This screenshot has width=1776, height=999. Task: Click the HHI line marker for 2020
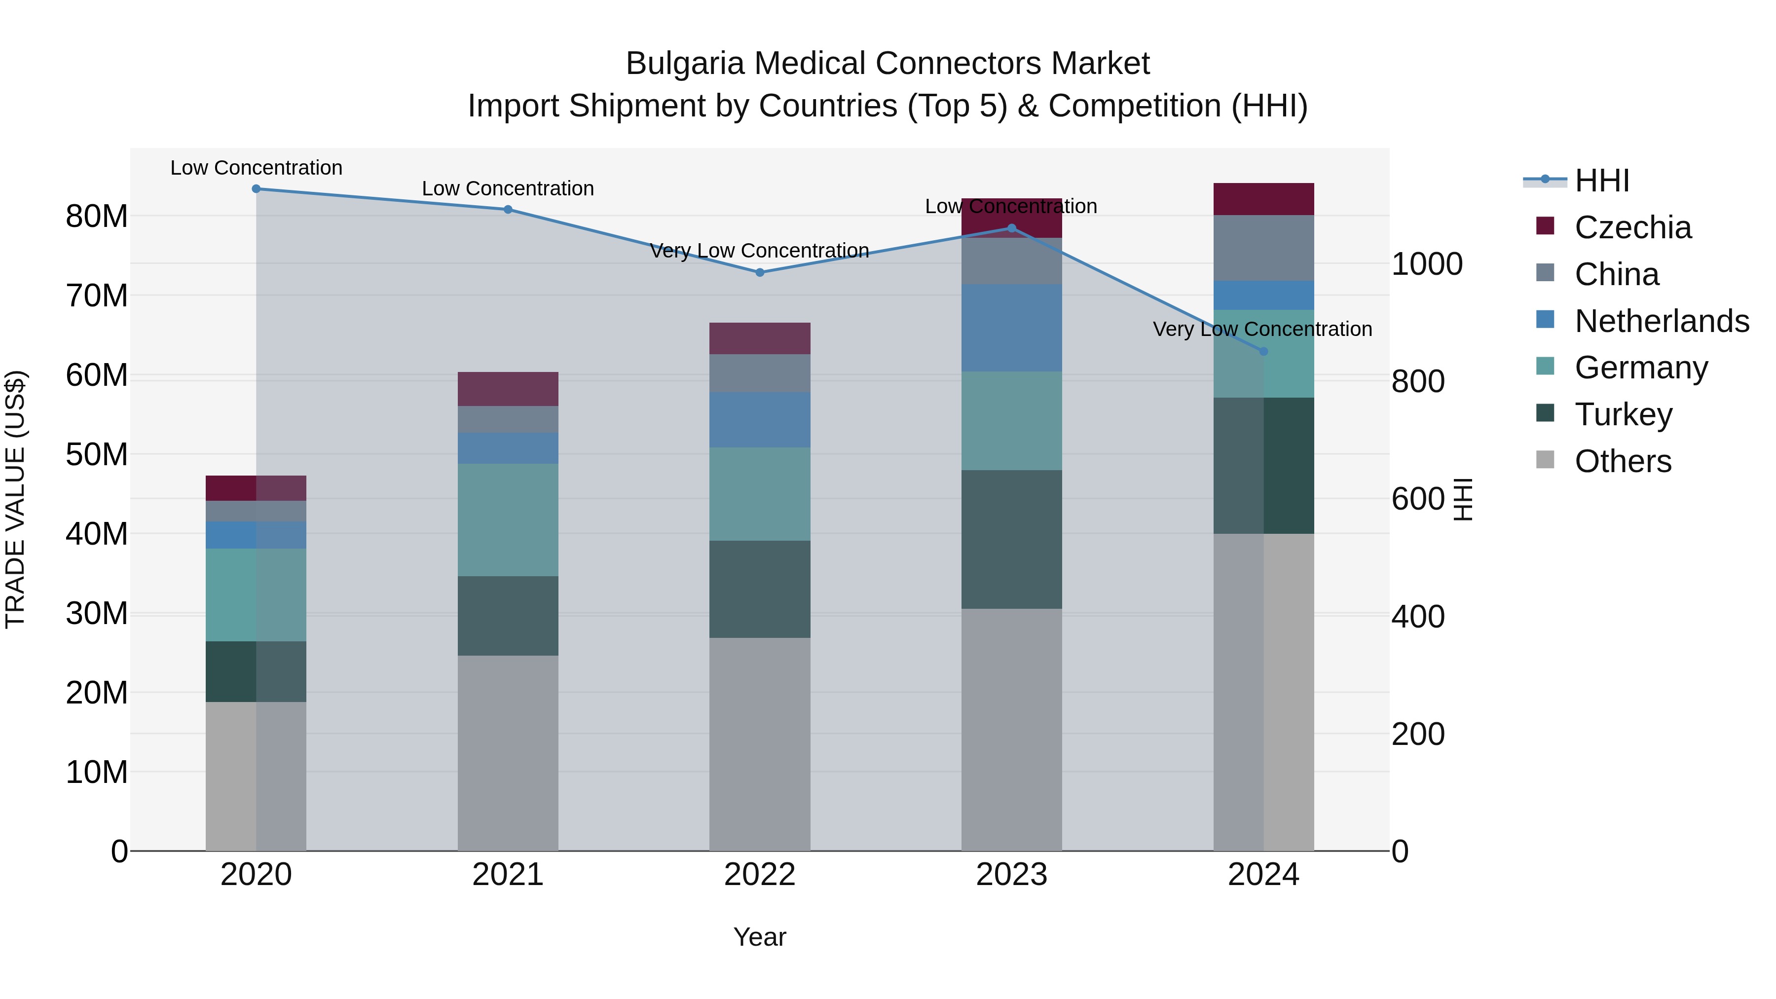click(x=256, y=189)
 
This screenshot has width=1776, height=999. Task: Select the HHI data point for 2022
click(x=760, y=272)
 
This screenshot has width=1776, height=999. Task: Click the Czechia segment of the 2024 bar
click(x=1263, y=199)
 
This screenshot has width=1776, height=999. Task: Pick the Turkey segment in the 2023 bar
click(x=1011, y=539)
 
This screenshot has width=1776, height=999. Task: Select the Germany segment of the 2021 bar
click(x=508, y=520)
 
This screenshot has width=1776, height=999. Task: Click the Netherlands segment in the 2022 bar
click(x=760, y=420)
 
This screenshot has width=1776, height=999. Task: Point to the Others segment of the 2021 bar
click(x=508, y=753)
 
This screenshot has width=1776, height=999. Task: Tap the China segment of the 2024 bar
click(x=1263, y=248)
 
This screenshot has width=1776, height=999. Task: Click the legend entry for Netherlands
click(x=1661, y=321)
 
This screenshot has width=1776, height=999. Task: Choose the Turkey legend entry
click(x=1623, y=414)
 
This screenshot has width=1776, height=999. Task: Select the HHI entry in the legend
click(x=1601, y=181)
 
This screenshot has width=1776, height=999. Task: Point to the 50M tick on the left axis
click(x=97, y=455)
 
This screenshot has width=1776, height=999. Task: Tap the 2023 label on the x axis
click(x=1011, y=875)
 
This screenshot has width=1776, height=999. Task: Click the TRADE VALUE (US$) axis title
click(x=16, y=499)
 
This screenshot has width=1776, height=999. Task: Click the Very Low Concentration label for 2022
click(x=759, y=251)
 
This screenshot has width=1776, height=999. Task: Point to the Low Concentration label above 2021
click(x=508, y=189)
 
